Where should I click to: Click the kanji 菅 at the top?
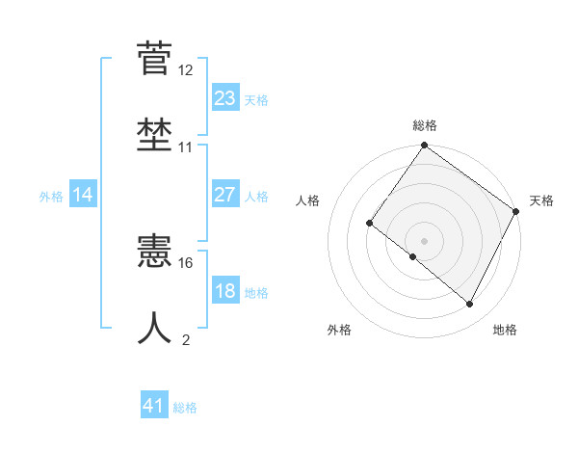tap(155, 59)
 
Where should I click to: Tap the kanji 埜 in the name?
tap(155, 134)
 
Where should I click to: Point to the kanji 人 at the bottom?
tap(155, 328)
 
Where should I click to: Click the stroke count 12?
tap(186, 70)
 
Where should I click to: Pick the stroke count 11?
tap(186, 147)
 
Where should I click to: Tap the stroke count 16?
tap(186, 262)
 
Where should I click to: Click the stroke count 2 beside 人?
tap(186, 339)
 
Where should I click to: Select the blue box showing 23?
tap(225, 98)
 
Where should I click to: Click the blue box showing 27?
tap(225, 195)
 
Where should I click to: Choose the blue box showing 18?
tap(225, 291)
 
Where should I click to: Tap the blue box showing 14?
tap(83, 196)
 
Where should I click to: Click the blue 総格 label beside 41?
tap(185, 408)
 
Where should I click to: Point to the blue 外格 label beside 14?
tap(51, 197)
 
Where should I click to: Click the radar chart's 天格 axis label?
tap(542, 200)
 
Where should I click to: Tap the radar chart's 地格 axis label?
tap(505, 331)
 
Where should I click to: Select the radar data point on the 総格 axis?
tap(424, 147)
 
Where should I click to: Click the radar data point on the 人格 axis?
tap(369, 224)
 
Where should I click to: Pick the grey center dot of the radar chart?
tap(424, 240)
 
